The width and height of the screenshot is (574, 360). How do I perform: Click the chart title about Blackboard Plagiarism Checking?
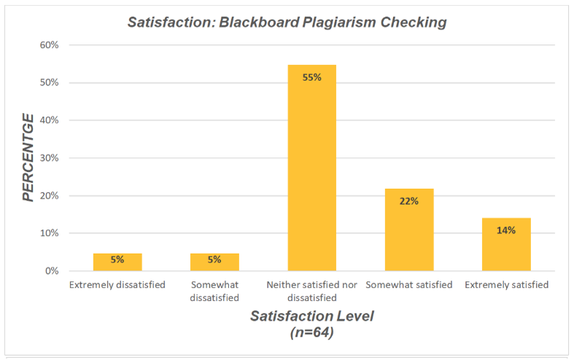(287, 22)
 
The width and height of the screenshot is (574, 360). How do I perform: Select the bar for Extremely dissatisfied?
(117, 262)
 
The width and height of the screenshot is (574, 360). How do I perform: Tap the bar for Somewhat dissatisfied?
(214, 262)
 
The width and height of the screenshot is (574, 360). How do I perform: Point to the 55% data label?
(312, 77)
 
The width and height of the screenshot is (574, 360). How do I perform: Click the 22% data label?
(409, 201)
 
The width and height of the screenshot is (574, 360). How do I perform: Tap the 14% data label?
(506, 230)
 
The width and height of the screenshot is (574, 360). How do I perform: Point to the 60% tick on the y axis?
(49, 45)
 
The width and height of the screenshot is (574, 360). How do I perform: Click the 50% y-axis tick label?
(49, 82)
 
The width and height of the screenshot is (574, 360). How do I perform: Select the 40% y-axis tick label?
(49, 120)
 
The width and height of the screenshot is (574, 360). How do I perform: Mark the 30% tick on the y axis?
(49, 158)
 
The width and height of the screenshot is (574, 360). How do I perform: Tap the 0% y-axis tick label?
(52, 271)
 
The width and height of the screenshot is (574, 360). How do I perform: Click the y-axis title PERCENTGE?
(28, 157)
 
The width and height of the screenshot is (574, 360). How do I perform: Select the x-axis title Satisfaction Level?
(311, 316)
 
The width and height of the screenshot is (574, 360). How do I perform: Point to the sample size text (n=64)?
(311, 332)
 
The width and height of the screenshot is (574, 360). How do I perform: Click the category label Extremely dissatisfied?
(117, 285)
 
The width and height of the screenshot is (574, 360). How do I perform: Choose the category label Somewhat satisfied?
(409, 285)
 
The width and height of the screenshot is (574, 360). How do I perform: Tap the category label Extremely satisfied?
(506, 285)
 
